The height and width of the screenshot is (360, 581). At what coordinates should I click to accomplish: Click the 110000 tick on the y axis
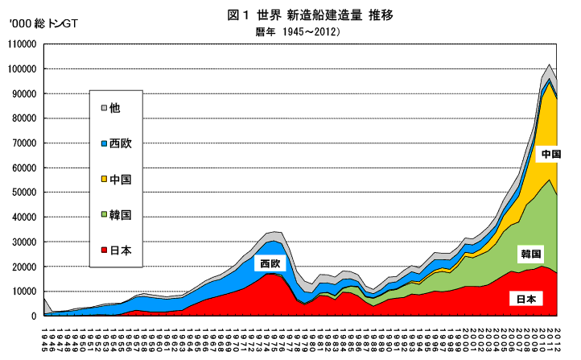[23, 44]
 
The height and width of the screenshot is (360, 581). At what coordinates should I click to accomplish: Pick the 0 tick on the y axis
[35, 317]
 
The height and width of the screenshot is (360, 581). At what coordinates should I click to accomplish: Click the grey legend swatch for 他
[105, 107]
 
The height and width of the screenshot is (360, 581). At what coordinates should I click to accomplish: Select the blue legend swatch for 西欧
[105, 143]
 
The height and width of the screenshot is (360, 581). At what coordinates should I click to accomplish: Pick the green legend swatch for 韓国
[105, 215]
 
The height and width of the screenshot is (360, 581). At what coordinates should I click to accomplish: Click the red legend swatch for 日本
[105, 250]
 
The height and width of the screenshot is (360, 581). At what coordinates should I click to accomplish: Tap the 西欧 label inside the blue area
[270, 263]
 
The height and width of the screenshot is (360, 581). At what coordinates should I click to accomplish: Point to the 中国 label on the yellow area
[550, 153]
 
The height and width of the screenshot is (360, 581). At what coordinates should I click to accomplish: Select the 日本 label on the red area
[526, 299]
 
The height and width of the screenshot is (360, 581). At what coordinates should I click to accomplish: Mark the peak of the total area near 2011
[549, 64]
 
